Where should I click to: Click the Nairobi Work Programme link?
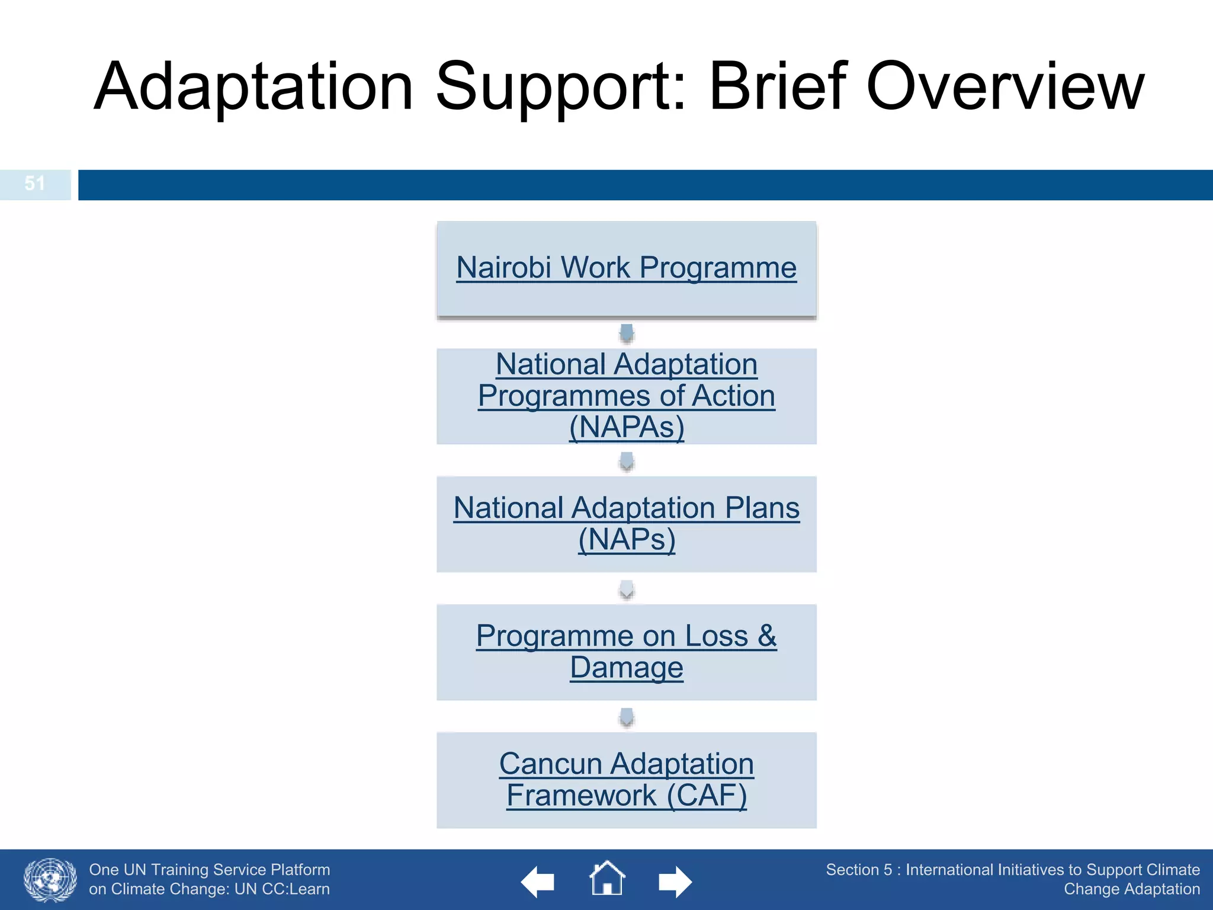(626, 268)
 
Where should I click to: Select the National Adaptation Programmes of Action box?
(626, 396)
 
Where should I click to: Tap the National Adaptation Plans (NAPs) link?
(626, 524)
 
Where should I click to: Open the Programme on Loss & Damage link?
(626, 651)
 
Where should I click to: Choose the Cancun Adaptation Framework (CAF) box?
(626, 780)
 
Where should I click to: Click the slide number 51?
(35, 184)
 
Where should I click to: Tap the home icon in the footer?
(607, 879)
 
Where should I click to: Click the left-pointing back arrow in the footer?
(538, 882)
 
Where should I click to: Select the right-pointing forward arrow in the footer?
(675, 882)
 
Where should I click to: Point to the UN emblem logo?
(50, 880)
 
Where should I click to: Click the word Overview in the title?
(1005, 86)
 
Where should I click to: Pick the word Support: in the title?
(560, 86)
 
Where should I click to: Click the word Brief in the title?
(777, 86)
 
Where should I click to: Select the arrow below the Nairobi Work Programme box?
(627, 334)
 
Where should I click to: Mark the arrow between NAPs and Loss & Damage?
(627, 589)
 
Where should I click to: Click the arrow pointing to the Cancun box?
(627, 717)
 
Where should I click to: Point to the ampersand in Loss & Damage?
(766, 636)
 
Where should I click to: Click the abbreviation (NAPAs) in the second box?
(626, 427)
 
